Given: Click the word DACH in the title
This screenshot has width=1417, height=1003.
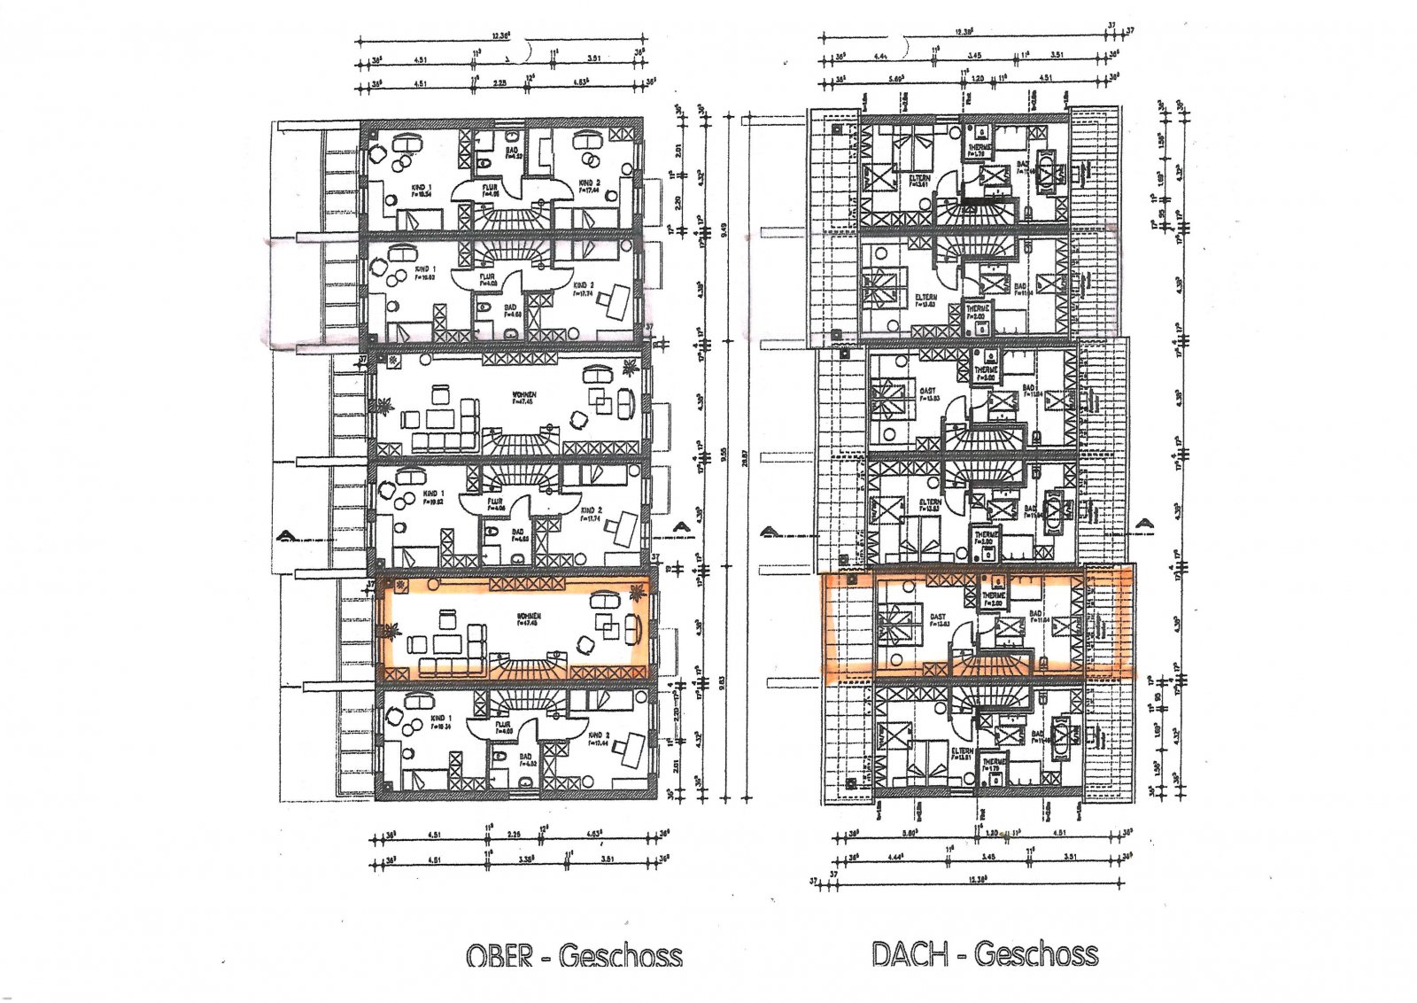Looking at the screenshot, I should (x=910, y=954).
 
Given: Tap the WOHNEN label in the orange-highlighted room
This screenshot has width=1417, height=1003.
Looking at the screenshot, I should (x=530, y=617).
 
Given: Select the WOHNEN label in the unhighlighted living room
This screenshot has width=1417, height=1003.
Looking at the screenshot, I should (x=524, y=394).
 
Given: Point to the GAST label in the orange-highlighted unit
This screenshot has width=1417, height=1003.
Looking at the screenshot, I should (x=937, y=618).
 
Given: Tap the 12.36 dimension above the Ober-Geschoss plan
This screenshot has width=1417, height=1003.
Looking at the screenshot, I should (x=500, y=35).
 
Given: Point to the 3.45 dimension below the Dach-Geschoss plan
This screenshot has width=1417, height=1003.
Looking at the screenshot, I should (x=989, y=856).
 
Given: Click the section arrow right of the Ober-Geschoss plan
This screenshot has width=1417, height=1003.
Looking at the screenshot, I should (x=680, y=528).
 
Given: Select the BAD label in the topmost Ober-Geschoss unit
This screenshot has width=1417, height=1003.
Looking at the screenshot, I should (x=512, y=152).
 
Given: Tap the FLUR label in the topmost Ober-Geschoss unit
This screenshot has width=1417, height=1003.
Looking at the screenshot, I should (x=489, y=189).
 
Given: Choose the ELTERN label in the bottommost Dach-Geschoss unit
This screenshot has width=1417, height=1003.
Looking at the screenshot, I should (x=962, y=750).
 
